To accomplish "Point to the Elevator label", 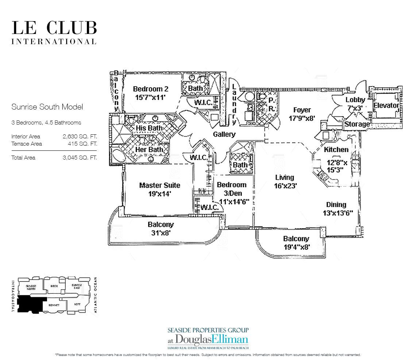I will tap(386, 106).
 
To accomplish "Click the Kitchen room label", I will tap(336, 149).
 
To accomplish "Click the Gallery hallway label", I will tap(224, 134).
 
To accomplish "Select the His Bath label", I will tap(149, 128).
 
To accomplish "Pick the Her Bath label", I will tap(149, 150).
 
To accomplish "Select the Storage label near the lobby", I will tap(357, 124).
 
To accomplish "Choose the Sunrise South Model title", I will tap(47, 107).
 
